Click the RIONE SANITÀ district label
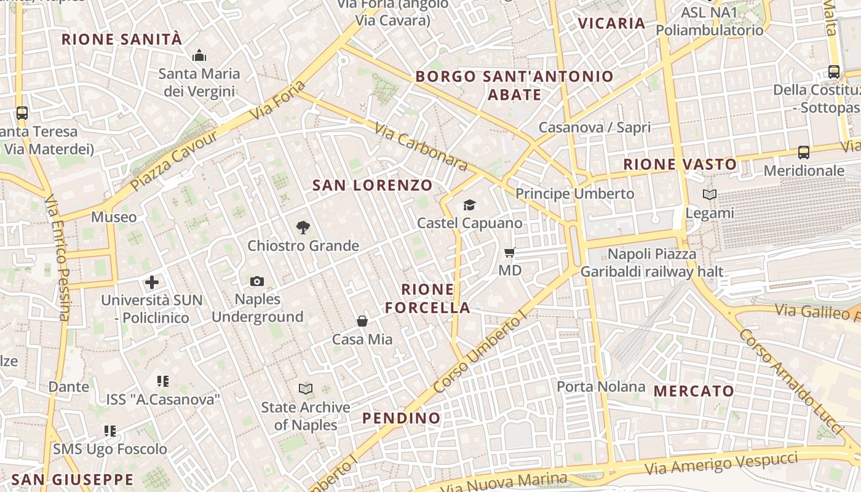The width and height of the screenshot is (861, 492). tap(122, 39)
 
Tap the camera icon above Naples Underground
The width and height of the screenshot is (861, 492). tap(257, 281)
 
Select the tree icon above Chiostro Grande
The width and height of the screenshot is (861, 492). tap(303, 228)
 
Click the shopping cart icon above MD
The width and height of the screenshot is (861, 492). tap(509, 252)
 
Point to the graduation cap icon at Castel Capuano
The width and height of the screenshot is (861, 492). tap(469, 205)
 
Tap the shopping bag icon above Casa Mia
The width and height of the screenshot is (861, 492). tap(362, 320)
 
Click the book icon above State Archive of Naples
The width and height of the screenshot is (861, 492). tap(306, 389)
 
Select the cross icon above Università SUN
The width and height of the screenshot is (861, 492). tap(152, 282)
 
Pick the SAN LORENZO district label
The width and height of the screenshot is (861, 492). tap(372, 185)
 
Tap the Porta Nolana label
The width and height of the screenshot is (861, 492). tap(601, 387)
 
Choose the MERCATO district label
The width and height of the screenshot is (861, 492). tap(694, 391)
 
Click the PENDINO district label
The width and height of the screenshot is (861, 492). tap(401, 418)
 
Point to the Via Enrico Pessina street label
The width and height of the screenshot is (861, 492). tap(57, 258)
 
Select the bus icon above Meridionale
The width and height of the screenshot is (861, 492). tap(803, 152)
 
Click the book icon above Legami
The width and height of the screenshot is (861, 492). tap(710, 194)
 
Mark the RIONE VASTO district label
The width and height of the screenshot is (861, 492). tap(680, 164)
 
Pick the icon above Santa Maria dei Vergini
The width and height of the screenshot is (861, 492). tap(199, 56)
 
